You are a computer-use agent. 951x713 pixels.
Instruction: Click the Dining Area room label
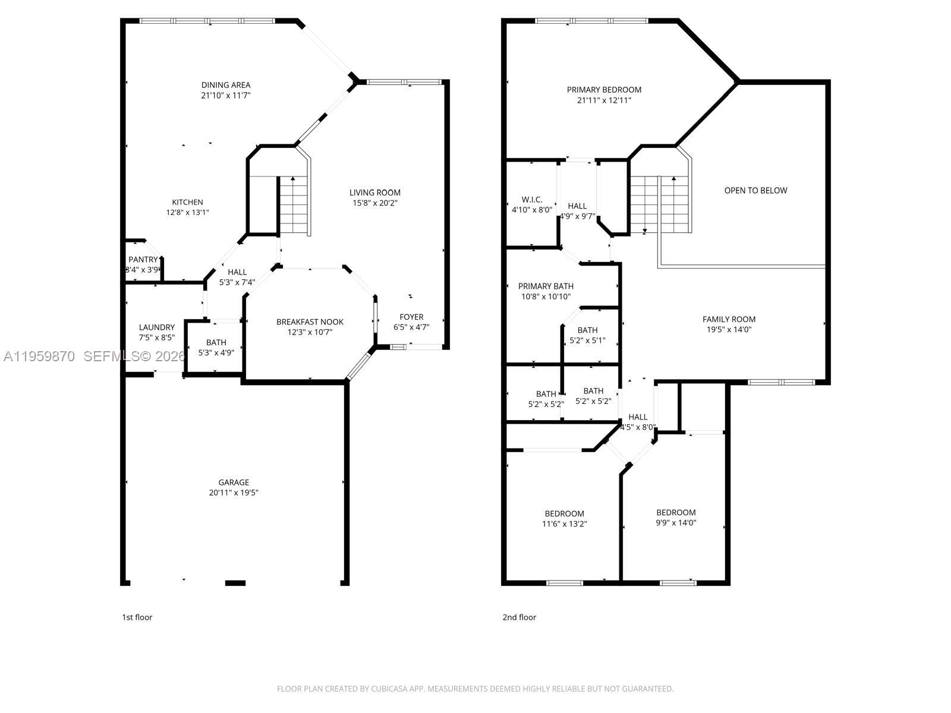[x=225, y=85]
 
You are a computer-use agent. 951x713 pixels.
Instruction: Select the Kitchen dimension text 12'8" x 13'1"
[x=187, y=212]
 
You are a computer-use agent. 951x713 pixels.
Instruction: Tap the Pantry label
[x=143, y=260]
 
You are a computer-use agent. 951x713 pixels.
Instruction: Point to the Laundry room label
[x=157, y=327]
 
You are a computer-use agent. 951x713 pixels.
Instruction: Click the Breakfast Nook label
[x=310, y=322]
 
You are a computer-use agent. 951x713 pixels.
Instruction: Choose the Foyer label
[x=411, y=317]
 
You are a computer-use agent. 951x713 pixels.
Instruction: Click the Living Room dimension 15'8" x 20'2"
[x=374, y=203]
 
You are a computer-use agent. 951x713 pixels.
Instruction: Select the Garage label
[x=233, y=482]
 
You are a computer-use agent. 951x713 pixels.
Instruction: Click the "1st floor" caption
[x=137, y=617]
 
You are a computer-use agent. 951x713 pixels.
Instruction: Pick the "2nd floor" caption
[x=519, y=617]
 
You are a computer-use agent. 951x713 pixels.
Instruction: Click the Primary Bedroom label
[x=604, y=90]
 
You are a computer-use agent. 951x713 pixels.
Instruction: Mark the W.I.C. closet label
[x=532, y=200]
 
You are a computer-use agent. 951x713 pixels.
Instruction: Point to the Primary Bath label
[x=546, y=286]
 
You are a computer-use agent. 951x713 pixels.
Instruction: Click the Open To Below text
[x=755, y=191]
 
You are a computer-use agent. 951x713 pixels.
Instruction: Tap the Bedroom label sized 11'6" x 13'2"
[x=564, y=514]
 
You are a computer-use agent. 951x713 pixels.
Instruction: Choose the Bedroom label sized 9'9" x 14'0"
[x=676, y=513]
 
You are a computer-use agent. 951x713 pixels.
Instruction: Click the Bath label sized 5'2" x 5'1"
[x=587, y=330]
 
